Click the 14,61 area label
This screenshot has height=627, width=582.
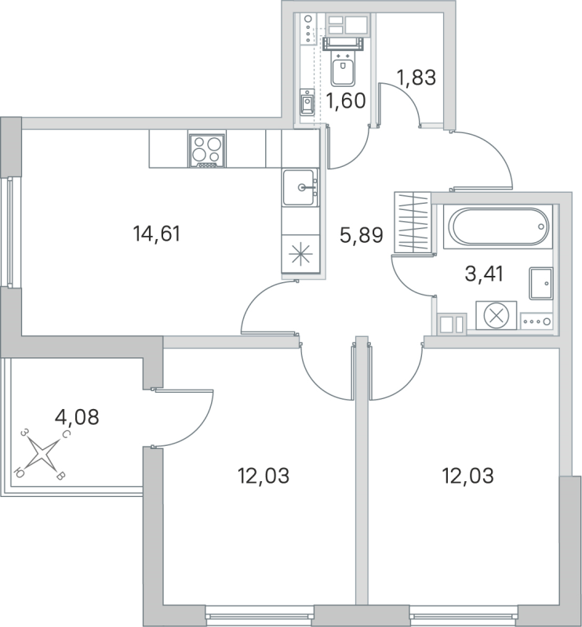(158, 233)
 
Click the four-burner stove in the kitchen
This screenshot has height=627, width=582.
(207, 149)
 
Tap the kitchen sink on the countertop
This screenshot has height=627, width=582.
(301, 187)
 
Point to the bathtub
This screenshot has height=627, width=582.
(497, 227)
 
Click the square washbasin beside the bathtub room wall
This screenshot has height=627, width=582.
(540, 283)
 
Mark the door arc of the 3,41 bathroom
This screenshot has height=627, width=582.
(409, 278)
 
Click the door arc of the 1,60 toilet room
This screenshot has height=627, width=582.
(351, 149)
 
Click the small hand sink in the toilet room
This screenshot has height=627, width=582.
(307, 101)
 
